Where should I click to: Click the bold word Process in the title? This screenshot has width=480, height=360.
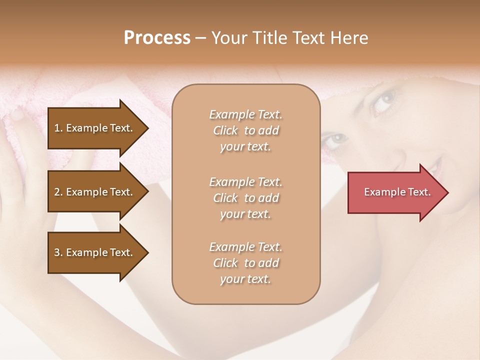157,38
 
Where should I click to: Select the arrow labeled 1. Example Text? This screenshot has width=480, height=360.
95,128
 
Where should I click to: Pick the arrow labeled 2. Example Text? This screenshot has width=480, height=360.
95,192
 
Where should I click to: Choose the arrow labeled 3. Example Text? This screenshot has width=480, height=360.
95,252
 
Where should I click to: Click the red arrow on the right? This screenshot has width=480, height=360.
395,192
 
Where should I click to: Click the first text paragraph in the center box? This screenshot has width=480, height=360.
245,130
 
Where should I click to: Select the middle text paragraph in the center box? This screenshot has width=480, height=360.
245,198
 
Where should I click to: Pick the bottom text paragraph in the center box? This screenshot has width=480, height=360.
245,263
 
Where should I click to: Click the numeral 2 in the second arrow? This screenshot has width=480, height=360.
57,192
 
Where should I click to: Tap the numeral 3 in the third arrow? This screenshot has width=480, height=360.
57,252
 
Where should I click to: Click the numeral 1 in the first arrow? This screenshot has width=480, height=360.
57,128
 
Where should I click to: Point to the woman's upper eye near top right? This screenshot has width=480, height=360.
384,100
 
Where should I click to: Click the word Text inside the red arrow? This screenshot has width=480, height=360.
419,192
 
